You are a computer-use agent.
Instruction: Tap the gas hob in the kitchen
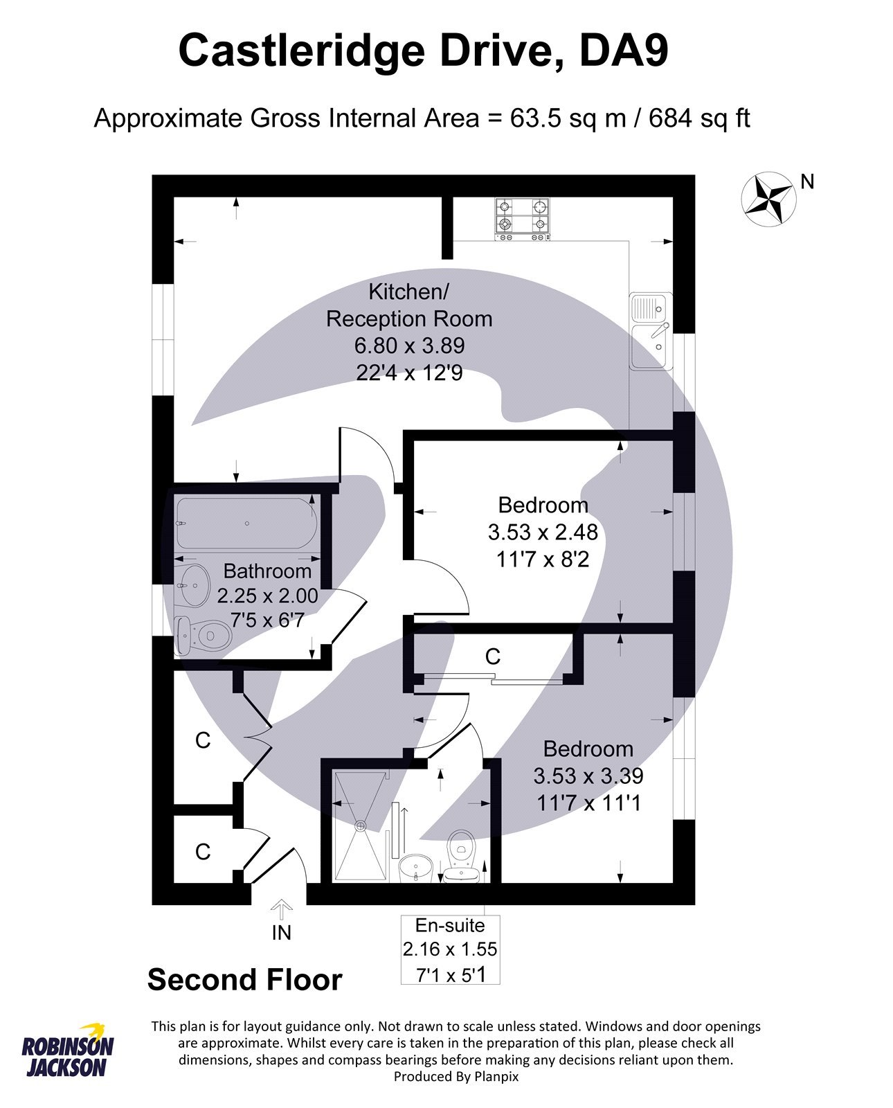tap(523, 219)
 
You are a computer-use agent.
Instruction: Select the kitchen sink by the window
tap(649, 330)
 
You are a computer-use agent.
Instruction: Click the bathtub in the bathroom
tap(246, 523)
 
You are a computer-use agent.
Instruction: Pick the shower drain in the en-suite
tap(360, 825)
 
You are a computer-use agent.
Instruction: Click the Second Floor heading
tap(244, 980)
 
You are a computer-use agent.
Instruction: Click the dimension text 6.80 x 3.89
tap(409, 346)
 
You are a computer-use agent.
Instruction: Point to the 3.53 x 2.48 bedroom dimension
tap(543, 532)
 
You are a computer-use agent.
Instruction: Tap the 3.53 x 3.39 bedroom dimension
tap(588, 776)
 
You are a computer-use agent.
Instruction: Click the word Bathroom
tap(267, 571)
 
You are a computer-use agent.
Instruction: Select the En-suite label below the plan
tap(450, 925)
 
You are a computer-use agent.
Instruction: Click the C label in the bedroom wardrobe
tap(492, 656)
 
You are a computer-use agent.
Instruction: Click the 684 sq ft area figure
tap(699, 118)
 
